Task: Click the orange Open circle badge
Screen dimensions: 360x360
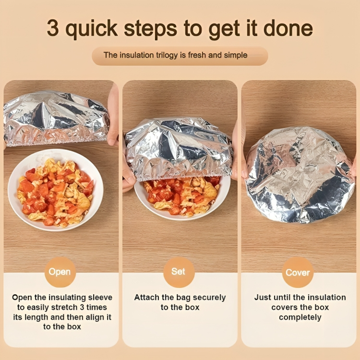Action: tap(60, 272)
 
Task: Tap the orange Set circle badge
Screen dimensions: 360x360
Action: tap(179, 272)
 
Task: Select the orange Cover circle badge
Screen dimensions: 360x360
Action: tap(298, 272)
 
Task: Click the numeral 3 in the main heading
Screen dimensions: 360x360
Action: tap(53, 28)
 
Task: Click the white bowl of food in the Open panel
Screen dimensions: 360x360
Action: tap(56, 190)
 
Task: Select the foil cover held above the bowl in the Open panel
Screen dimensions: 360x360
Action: tap(56, 118)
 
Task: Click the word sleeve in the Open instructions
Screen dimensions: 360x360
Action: tap(100, 297)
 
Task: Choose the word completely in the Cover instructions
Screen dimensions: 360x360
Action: tap(300, 317)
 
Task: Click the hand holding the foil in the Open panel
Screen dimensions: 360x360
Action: tap(113, 115)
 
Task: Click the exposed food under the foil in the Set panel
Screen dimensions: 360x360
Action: tap(182, 195)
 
